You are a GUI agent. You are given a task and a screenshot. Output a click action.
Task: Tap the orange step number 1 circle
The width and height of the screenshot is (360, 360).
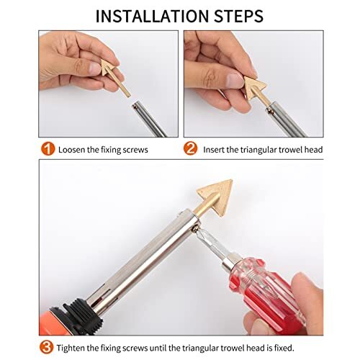(47, 150)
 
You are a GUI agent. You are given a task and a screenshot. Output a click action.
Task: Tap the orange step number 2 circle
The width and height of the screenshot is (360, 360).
(190, 150)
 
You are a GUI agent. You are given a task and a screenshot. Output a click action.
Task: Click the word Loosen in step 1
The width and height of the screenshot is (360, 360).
(76, 150)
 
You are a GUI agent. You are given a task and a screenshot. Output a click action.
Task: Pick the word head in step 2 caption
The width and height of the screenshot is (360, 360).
(312, 150)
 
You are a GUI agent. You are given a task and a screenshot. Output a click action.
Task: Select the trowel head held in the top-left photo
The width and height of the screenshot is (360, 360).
(112, 76)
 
